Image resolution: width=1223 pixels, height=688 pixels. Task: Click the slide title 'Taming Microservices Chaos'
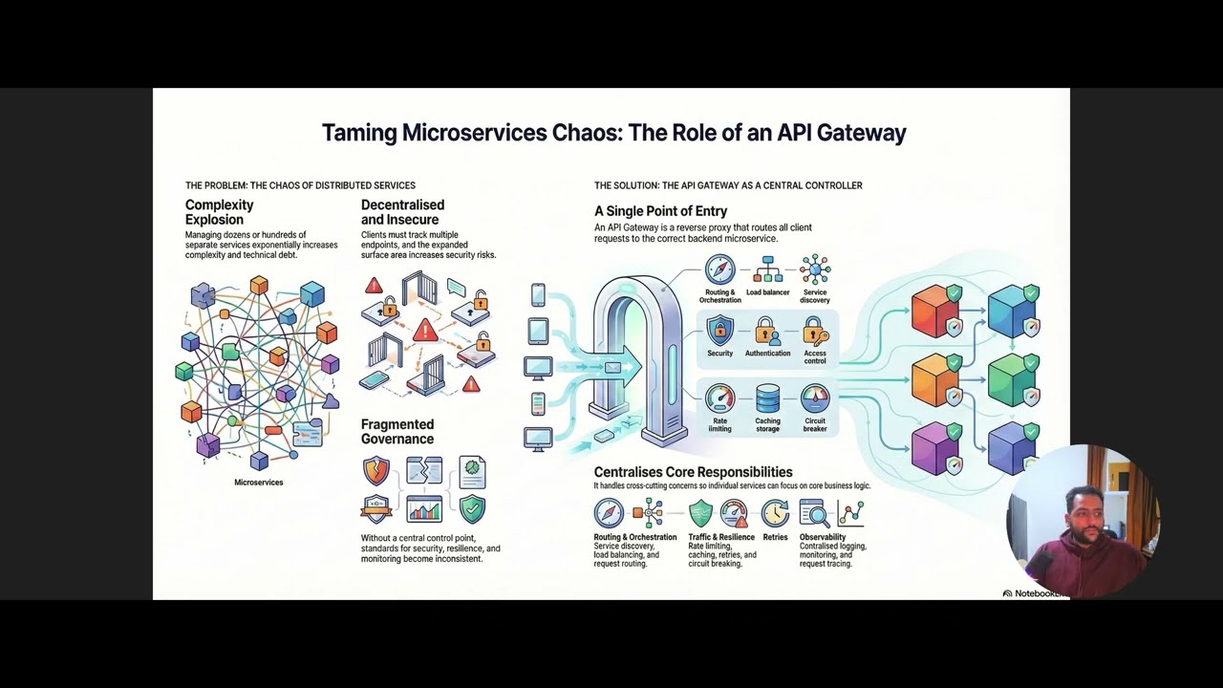point(613,133)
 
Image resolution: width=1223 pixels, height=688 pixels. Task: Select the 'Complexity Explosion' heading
point(219,212)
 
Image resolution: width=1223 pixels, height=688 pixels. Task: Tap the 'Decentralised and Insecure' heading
point(402,212)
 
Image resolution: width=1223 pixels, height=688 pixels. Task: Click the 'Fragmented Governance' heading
point(397,432)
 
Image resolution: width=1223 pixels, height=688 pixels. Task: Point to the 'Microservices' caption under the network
point(258,483)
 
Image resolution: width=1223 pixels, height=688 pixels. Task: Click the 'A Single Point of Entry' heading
point(660,211)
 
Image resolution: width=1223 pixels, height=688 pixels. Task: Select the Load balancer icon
point(767,269)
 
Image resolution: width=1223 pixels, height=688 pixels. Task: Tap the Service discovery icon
point(815,269)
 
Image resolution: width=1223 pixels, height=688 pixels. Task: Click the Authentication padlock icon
point(766,332)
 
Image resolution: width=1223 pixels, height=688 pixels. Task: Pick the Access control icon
point(815,332)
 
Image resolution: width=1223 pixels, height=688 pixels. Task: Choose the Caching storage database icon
point(767,398)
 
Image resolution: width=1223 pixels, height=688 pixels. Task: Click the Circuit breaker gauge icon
point(815,398)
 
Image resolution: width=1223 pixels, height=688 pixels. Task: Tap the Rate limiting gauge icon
point(719,398)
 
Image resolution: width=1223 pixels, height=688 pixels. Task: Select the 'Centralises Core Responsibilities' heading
point(693,472)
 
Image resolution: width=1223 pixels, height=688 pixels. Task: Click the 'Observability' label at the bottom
point(823,537)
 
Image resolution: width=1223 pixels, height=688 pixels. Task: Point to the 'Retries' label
point(775,537)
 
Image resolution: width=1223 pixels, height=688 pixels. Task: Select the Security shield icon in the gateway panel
point(719,332)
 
